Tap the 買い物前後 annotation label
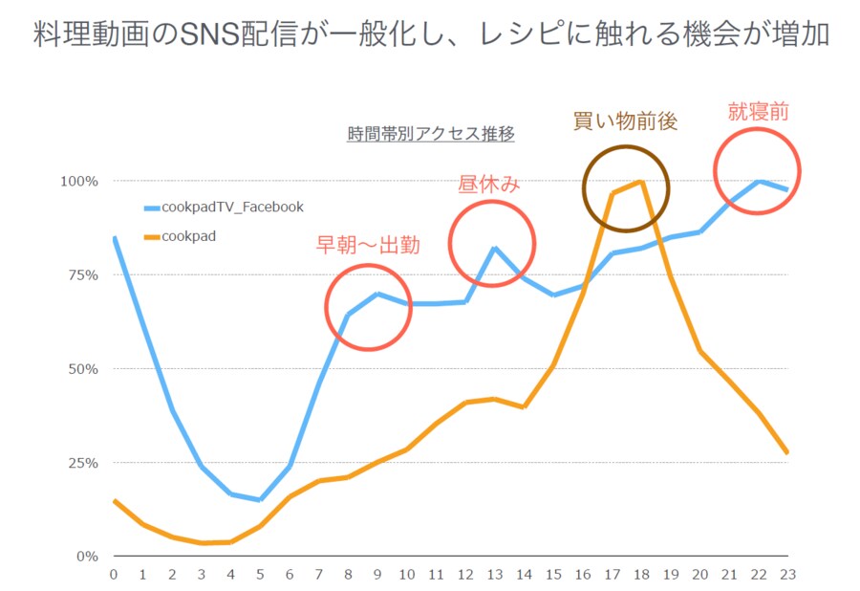(625, 121)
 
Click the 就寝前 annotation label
(758, 111)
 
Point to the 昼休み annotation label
(489, 185)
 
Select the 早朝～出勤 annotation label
(368, 245)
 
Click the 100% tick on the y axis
(80, 181)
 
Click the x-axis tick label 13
(495, 574)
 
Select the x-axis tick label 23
(787, 574)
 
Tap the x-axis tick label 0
(114, 574)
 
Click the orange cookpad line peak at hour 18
(641, 182)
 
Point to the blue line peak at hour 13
(495, 248)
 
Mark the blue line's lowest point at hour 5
(260, 499)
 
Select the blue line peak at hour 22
(759, 181)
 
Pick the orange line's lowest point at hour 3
(202, 543)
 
